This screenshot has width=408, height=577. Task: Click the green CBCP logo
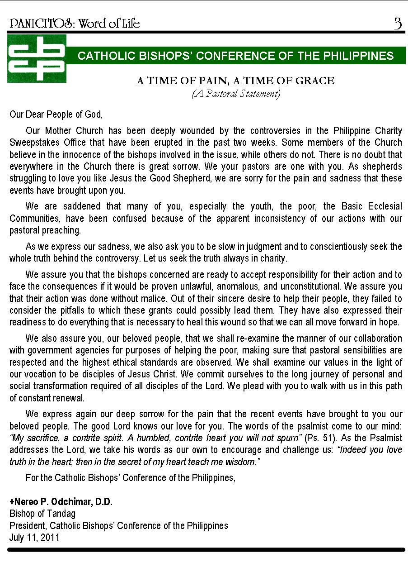(x=37, y=58)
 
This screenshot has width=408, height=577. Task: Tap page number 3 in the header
(x=397, y=24)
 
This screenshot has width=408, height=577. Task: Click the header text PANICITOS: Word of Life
(x=75, y=24)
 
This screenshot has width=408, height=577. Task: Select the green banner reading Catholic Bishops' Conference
(x=235, y=56)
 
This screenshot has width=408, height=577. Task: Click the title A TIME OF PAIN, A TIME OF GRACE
(x=235, y=81)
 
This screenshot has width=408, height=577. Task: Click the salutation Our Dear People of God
(x=56, y=114)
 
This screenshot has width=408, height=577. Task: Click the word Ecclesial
(x=380, y=206)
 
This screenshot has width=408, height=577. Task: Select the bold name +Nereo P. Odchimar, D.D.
(x=61, y=502)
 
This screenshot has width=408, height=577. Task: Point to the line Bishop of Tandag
(x=42, y=514)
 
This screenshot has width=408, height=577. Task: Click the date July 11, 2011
(x=34, y=538)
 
